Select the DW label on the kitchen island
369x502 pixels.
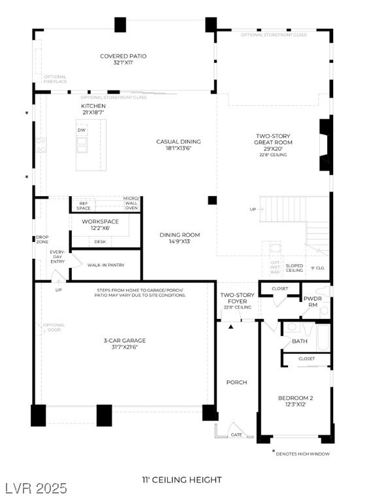tap(82, 130)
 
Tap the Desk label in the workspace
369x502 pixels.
tap(100, 242)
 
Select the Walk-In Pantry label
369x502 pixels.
tap(106, 265)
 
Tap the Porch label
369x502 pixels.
tap(236, 382)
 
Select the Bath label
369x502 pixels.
tap(299, 341)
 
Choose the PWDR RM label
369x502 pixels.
tap(311, 301)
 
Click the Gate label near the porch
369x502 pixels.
tap(236, 434)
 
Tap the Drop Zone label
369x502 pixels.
tap(42, 240)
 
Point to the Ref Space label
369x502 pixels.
tap(84, 206)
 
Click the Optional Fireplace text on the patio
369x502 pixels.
tap(56, 79)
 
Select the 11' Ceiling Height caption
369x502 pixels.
tap(182, 480)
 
